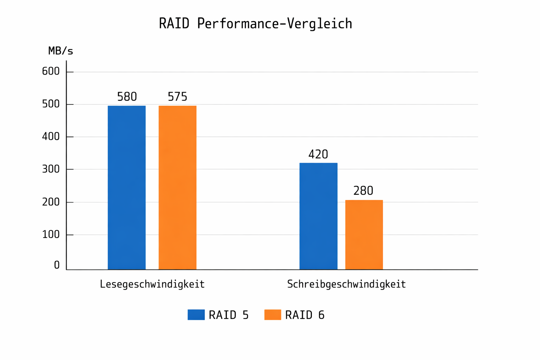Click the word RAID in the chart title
(174, 24)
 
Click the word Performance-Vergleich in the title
(275, 24)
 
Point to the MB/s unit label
(60, 51)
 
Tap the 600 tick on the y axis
(51, 72)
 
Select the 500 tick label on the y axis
(51, 104)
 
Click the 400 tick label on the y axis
(51, 137)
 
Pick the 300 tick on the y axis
(51, 169)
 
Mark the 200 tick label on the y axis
(51, 202)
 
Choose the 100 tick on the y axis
(51, 234)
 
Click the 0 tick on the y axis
(57, 265)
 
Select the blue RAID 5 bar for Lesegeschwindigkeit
(127, 188)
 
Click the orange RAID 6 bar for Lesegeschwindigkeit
(178, 188)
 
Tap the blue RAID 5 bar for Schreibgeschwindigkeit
(318, 216)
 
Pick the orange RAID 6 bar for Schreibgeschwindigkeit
(364, 235)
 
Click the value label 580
(127, 97)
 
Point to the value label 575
(178, 97)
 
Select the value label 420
(318, 154)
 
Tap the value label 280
(363, 191)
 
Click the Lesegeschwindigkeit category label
(152, 284)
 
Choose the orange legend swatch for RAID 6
(272, 315)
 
